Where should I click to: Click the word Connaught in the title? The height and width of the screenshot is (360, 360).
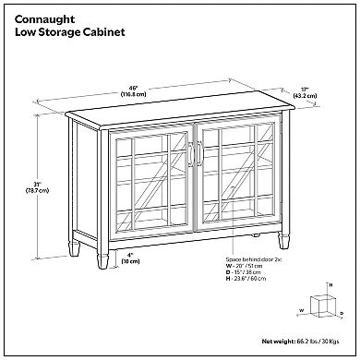point(44,19)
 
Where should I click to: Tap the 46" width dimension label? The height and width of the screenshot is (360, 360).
point(133,88)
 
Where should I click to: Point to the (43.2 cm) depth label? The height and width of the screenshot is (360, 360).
point(305,96)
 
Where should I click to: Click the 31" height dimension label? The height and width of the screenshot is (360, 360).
point(37,185)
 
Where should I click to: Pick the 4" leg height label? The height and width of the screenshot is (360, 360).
point(130,255)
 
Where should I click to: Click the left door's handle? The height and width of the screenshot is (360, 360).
point(191,154)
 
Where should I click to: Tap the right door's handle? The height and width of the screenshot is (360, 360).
point(199,154)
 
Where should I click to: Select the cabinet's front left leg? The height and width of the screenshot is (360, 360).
point(102,261)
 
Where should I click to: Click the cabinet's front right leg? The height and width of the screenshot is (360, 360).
point(283,240)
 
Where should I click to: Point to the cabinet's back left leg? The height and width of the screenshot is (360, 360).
point(74,248)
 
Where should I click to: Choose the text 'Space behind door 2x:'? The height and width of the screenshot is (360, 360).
point(254,259)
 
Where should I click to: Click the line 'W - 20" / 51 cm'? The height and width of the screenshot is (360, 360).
point(244,266)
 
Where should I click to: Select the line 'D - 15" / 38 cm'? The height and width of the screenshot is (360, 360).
point(243,272)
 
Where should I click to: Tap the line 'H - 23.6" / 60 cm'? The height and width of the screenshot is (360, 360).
point(246,279)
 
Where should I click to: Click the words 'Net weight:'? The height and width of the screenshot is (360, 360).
point(279,342)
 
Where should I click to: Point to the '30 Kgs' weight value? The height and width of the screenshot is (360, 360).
point(330,342)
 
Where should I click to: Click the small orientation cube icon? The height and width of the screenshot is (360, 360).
point(322,305)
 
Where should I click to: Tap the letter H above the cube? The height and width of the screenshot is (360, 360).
point(331,285)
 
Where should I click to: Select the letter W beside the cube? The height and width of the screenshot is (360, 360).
point(302,310)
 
